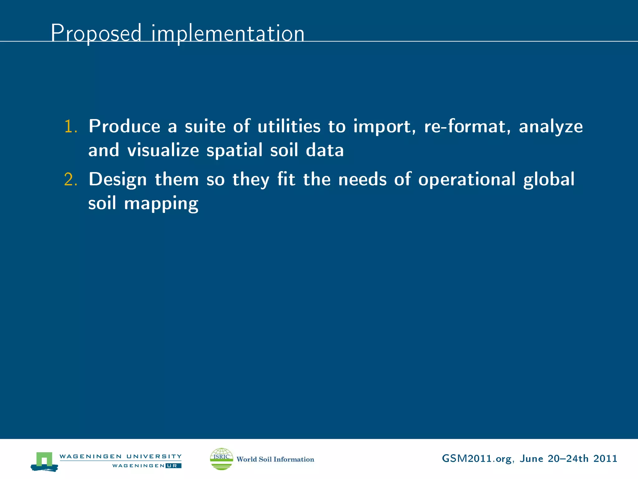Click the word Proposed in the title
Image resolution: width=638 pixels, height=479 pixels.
click(x=96, y=33)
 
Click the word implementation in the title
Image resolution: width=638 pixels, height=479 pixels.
click(x=228, y=33)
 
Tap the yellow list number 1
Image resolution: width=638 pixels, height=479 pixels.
click(x=70, y=127)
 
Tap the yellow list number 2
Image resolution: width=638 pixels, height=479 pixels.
click(x=70, y=180)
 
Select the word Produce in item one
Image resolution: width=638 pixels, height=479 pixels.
click(x=124, y=126)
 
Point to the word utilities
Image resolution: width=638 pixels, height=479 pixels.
click(x=289, y=126)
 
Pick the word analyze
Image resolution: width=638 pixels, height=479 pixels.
click(x=550, y=127)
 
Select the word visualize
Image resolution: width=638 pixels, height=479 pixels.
click(x=163, y=150)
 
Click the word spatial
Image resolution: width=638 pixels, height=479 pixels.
click(x=235, y=151)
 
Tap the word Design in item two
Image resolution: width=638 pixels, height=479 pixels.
click(x=117, y=180)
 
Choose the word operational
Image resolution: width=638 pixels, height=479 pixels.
click(x=466, y=180)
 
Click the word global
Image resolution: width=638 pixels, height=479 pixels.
click(x=549, y=180)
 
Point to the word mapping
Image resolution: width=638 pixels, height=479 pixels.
click(x=161, y=204)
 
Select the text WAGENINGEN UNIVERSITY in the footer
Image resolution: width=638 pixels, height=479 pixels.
click(x=120, y=456)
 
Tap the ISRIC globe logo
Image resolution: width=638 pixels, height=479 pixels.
click(x=221, y=459)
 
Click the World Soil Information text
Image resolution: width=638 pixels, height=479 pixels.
click(x=275, y=459)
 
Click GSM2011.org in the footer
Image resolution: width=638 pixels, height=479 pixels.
click(x=477, y=459)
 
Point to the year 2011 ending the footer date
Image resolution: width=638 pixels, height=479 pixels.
click(x=605, y=458)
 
